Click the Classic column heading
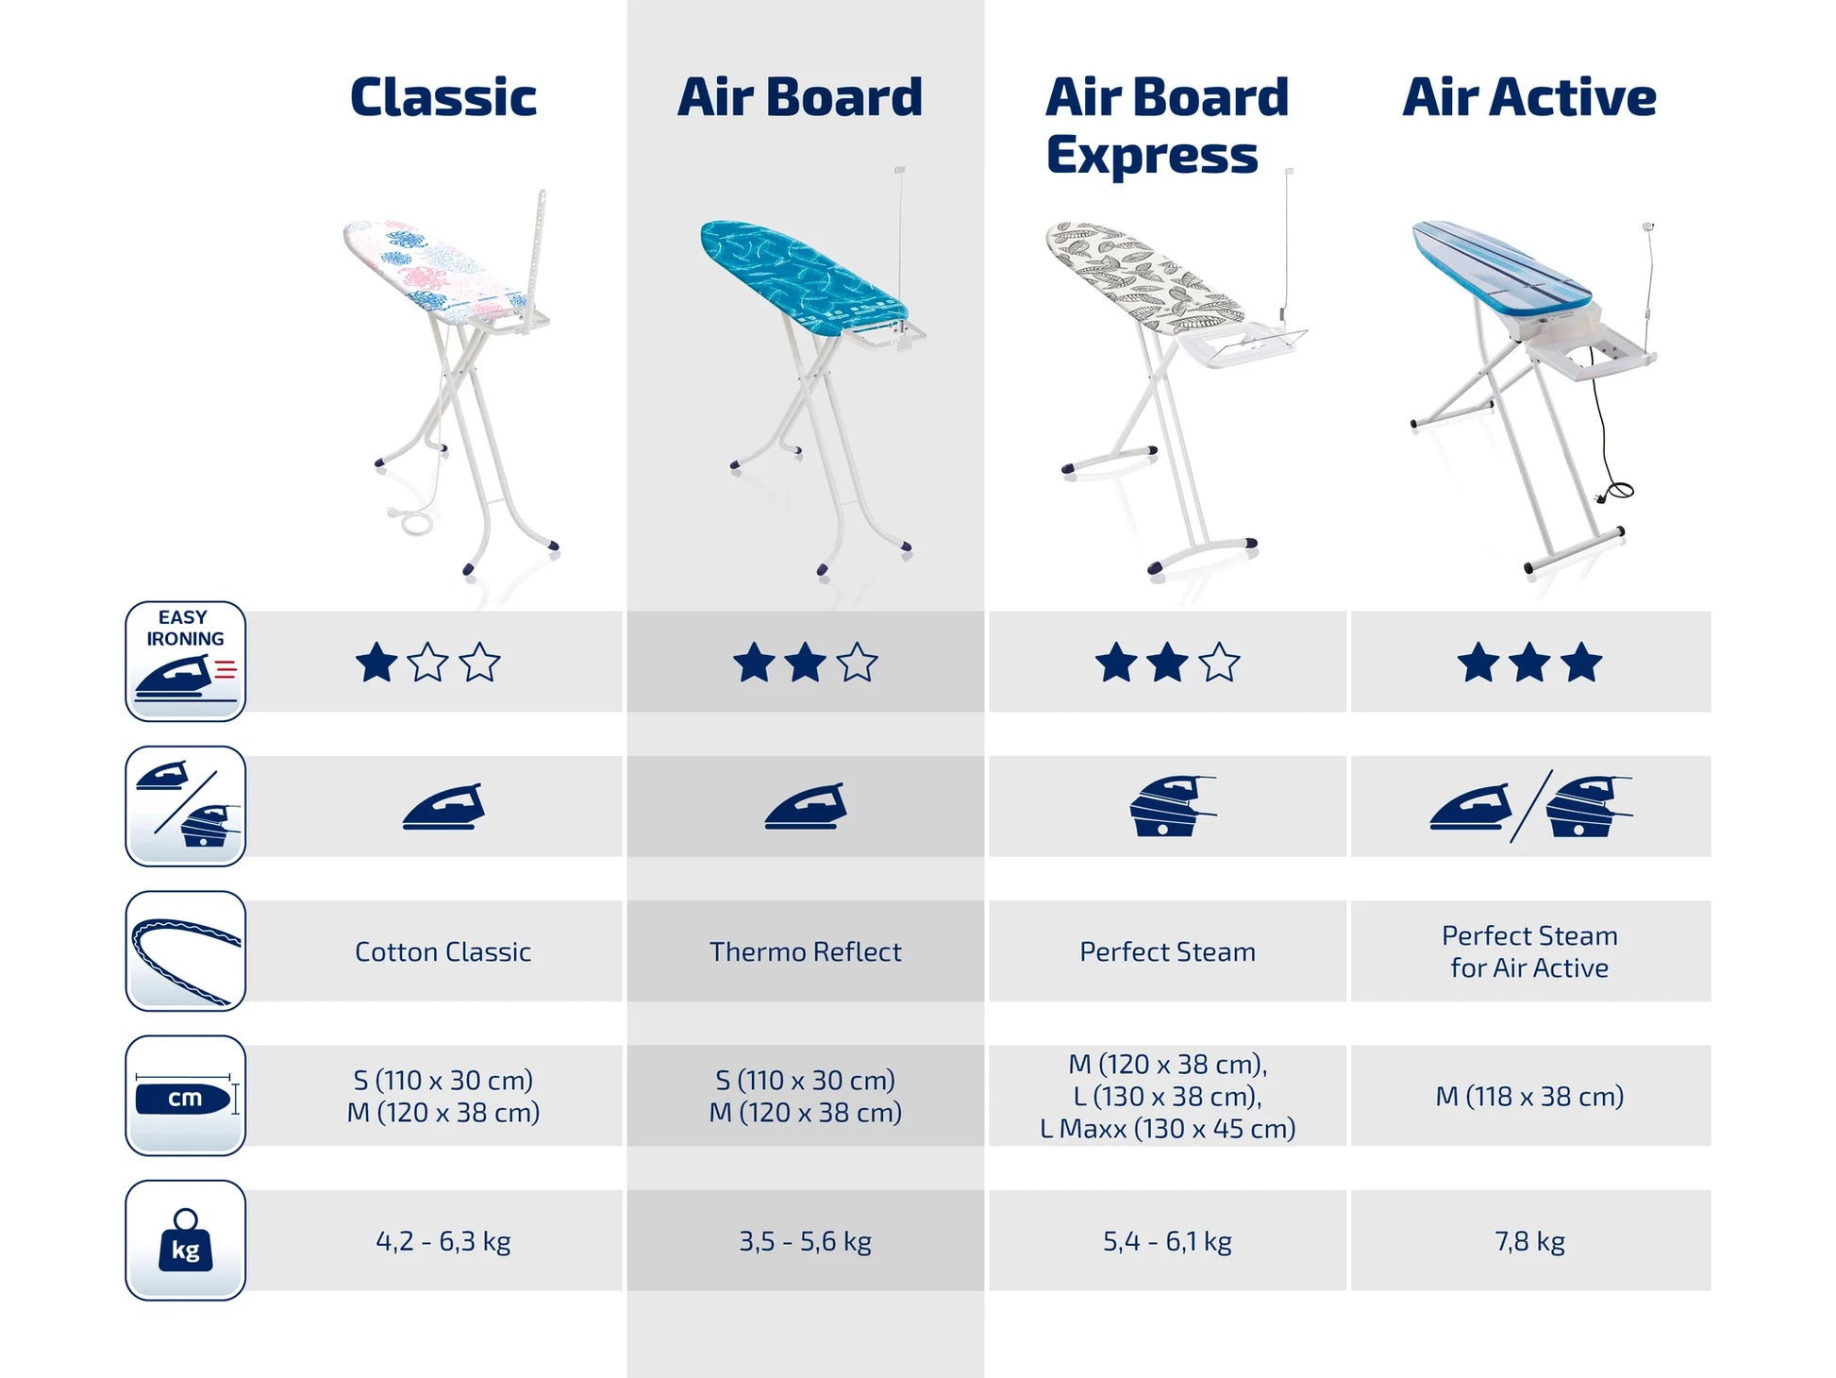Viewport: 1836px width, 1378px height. [443, 97]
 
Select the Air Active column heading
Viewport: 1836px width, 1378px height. [1529, 97]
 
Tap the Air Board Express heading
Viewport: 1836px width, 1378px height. [1167, 126]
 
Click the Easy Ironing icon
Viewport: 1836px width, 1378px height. [186, 662]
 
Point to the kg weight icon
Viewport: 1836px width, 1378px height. [186, 1240]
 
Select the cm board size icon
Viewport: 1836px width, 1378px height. [186, 1096]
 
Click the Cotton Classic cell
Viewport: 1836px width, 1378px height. [443, 951]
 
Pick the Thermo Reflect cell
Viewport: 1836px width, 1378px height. [806, 951]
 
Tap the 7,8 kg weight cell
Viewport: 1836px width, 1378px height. [1529, 1241]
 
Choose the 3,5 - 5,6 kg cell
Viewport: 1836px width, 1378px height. [806, 1241]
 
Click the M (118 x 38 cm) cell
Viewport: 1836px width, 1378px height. [1529, 1097]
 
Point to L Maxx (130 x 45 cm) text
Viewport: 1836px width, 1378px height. [1168, 1129]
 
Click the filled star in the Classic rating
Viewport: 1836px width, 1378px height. [376, 662]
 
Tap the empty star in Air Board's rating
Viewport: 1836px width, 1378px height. [857, 662]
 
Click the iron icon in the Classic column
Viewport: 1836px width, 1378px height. [443, 807]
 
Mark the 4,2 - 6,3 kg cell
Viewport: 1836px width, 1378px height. [443, 1241]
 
